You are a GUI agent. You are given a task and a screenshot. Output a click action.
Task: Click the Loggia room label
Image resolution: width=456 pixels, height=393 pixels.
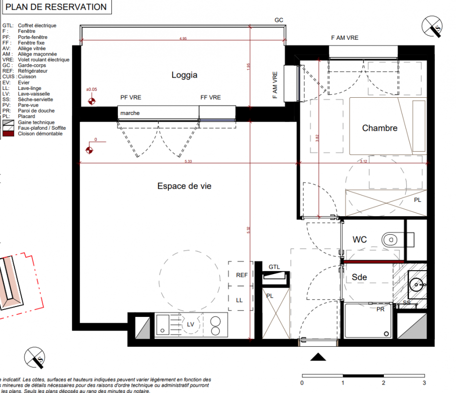click(184, 75)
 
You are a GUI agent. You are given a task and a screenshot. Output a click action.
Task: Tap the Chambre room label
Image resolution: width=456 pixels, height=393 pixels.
click(379, 128)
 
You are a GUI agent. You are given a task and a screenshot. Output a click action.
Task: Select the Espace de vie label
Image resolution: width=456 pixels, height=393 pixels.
click(184, 186)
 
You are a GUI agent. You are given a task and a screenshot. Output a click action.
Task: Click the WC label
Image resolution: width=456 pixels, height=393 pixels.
click(360, 240)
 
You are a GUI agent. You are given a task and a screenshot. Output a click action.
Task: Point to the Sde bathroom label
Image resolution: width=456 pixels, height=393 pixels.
click(359, 277)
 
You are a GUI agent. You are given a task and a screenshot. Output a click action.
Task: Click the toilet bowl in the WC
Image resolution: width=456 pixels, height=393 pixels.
click(390, 239)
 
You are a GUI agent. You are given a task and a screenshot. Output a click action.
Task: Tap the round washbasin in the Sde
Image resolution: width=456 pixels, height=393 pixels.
click(418, 284)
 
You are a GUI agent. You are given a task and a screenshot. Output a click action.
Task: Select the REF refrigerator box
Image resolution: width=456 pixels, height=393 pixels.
click(241, 275)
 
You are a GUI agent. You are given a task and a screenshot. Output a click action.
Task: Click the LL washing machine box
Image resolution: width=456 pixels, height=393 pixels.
click(240, 300)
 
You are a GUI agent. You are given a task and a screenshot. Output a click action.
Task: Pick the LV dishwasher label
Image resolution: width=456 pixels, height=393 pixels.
click(191, 324)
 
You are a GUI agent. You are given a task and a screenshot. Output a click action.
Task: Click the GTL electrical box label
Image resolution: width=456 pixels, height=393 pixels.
click(274, 267)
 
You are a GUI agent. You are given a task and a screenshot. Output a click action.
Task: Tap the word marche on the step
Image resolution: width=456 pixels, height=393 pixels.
click(130, 113)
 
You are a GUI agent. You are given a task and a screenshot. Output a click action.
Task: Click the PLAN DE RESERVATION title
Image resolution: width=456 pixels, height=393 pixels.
click(56, 7)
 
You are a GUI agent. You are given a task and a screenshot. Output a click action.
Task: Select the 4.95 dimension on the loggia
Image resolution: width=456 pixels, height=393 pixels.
click(184, 38)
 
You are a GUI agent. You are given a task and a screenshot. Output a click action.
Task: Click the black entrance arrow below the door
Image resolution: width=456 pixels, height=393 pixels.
click(318, 357)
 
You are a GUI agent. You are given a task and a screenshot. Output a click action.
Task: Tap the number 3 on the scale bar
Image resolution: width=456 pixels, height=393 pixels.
click(424, 383)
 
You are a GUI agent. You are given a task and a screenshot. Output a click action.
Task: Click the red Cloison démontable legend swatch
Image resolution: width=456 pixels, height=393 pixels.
click(8, 134)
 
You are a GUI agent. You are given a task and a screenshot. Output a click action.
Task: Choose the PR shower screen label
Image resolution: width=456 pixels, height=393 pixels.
click(380, 309)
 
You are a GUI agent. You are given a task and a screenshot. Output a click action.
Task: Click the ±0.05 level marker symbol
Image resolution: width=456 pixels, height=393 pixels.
click(92, 102)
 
